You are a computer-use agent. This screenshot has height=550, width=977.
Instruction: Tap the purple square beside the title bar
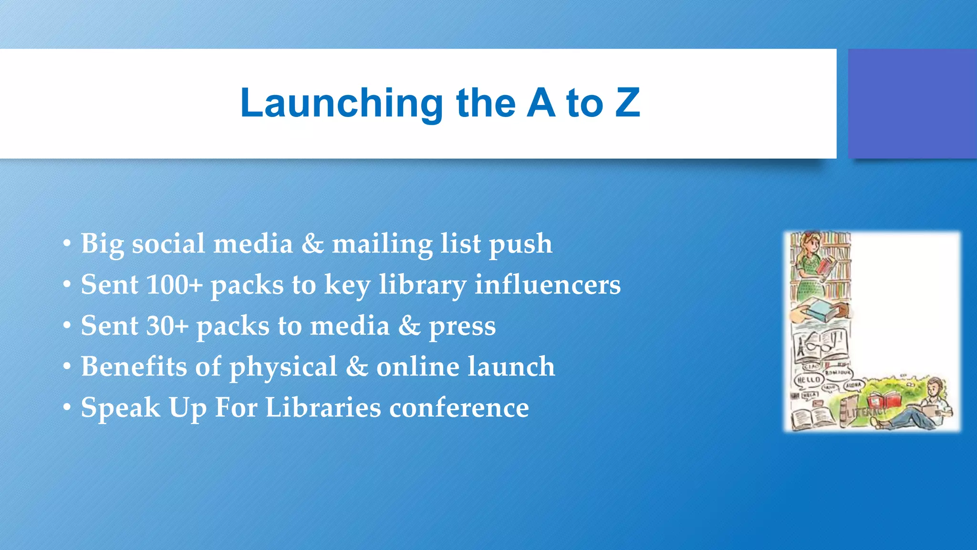coord(912,104)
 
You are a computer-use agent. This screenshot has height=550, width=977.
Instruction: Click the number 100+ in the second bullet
coord(175,285)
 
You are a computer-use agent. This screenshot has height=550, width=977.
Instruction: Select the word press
coord(462,327)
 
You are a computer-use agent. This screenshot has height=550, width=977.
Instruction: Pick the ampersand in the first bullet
coord(312,243)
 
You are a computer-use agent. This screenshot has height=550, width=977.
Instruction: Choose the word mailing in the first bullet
coord(382,244)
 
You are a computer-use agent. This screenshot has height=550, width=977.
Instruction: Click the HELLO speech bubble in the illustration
coord(809,380)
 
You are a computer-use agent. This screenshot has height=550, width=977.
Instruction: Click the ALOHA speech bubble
coord(853,385)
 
